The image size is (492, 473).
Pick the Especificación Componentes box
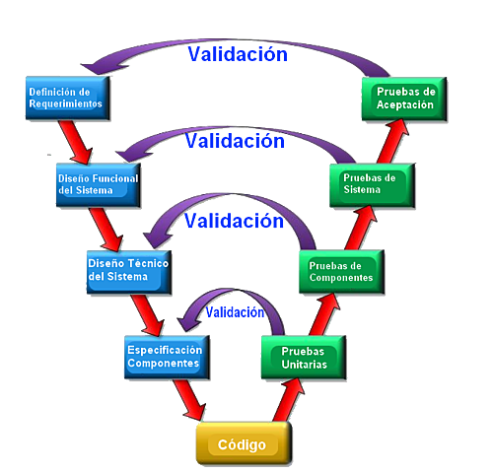pyautogui.click(x=164, y=355)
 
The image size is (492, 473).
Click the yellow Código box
pyautogui.click(x=244, y=443)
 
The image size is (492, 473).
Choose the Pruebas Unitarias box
pyautogui.click(x=303, y=357)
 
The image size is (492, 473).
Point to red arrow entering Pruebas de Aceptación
pyautogui.click(x=389, y=140)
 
